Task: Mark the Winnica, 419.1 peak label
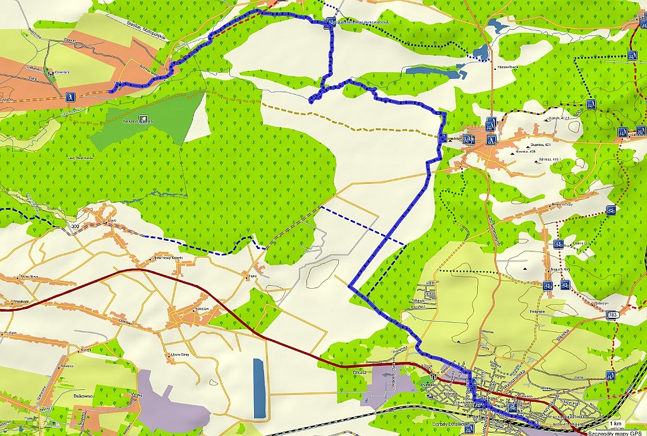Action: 550,159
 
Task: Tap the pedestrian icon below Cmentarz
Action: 70,97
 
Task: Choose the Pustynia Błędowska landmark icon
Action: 144,118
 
